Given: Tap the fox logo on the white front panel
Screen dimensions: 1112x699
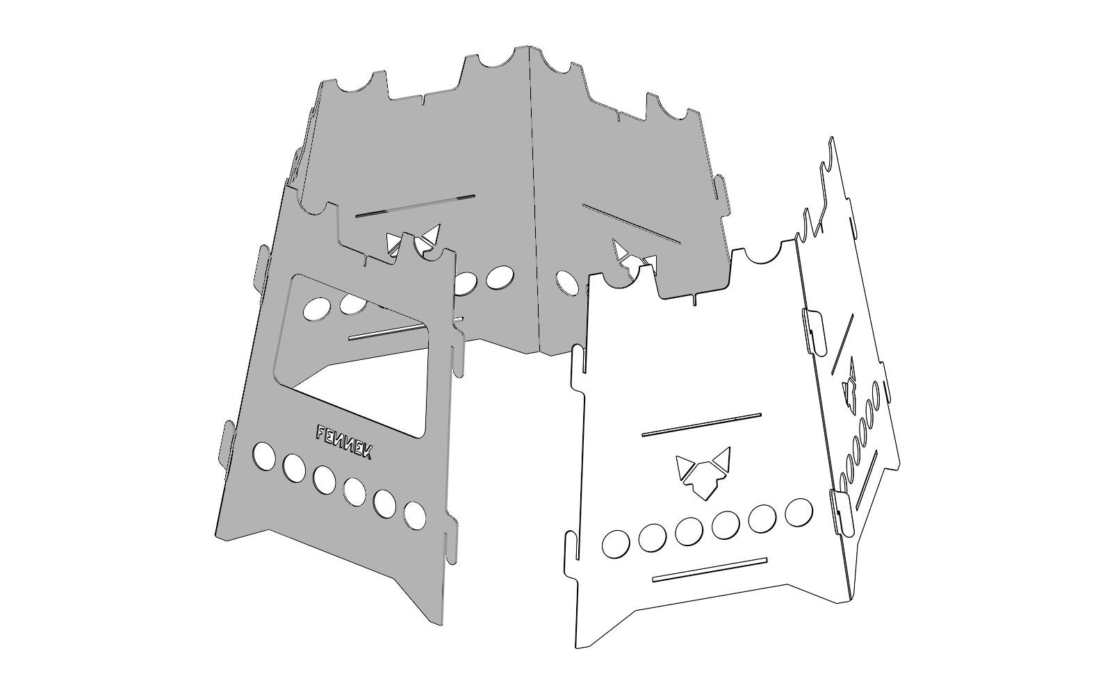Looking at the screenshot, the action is coord(703,472).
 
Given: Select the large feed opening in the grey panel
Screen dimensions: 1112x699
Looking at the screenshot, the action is coord(350,356).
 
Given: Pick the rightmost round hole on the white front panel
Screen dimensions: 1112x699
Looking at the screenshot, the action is coord(799,511).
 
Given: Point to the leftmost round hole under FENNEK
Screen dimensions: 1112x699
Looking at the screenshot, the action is coord(263,456).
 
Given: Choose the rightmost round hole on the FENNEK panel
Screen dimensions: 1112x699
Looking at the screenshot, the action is coord(414,516).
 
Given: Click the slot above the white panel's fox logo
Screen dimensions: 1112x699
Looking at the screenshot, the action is coord(701,425).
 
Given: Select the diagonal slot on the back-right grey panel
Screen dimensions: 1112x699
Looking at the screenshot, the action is coord(631,224).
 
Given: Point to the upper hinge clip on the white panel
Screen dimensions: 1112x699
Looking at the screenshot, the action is coord(814,331).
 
